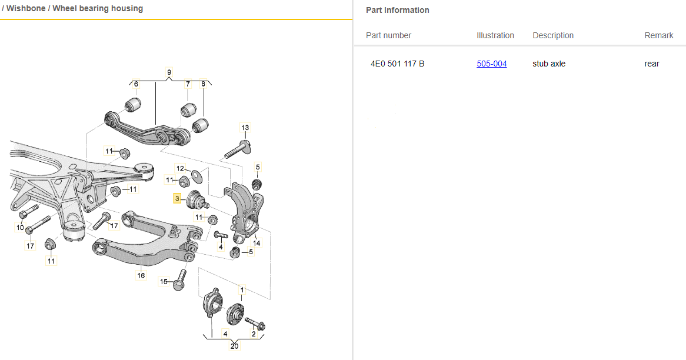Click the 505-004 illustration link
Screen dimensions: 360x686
(x=491, y=64)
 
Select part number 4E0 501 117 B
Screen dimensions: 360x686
(x=397, y=64)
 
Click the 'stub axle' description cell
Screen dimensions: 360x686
(x=549, y=64)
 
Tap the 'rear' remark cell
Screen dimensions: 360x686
(x=652, y=64)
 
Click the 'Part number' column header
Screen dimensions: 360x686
(x=388, y=35)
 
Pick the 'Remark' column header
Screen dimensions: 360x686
(x=658, y=35)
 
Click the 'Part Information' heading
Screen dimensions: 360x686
(x=397, y=10)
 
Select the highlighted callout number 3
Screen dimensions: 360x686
(x=177, y=199)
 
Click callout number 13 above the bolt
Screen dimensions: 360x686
(x=245, y=128)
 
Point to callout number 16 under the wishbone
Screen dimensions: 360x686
(x=141, y=275)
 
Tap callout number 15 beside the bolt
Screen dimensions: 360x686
(x=164, y=282)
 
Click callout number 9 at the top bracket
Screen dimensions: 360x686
(x=169, y=72)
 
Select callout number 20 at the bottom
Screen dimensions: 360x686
(x=235, y=346)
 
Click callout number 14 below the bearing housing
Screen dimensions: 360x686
(x=257, y=242)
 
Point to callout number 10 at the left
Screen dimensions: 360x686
(x=20, y=228)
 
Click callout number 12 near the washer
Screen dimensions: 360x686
(x=180, y=169)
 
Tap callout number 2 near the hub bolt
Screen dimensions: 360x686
(x=254, y=334)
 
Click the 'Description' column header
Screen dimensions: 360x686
(x=553, y=35)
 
